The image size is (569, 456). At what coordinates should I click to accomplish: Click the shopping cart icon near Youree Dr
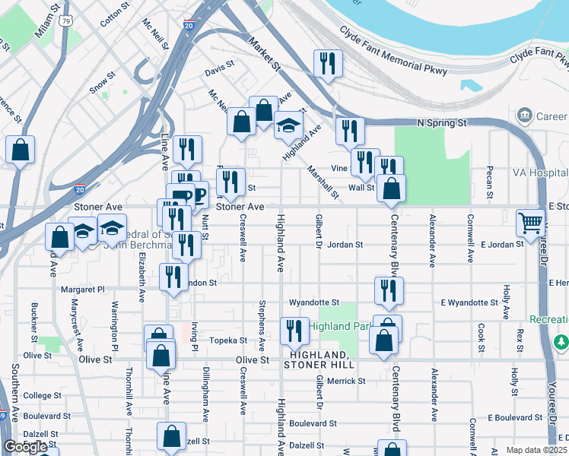[x=531, y=223]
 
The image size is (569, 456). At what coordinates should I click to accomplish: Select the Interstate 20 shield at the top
[x=188, y=26]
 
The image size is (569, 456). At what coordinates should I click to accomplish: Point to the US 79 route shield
[x=68, y=21]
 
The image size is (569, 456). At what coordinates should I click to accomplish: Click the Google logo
[x=26, y=447]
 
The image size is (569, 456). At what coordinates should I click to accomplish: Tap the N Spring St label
[x=441, y=122]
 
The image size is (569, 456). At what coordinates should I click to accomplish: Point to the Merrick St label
[x=347, y=380]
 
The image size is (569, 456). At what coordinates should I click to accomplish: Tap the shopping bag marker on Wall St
[x=391, y=189]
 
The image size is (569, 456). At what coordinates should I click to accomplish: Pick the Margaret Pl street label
[x=83, y=290]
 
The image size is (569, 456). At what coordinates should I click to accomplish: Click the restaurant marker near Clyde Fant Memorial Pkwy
[x=328, y=65]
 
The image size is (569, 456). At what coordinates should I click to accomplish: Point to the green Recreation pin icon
[x=561, y=342]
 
